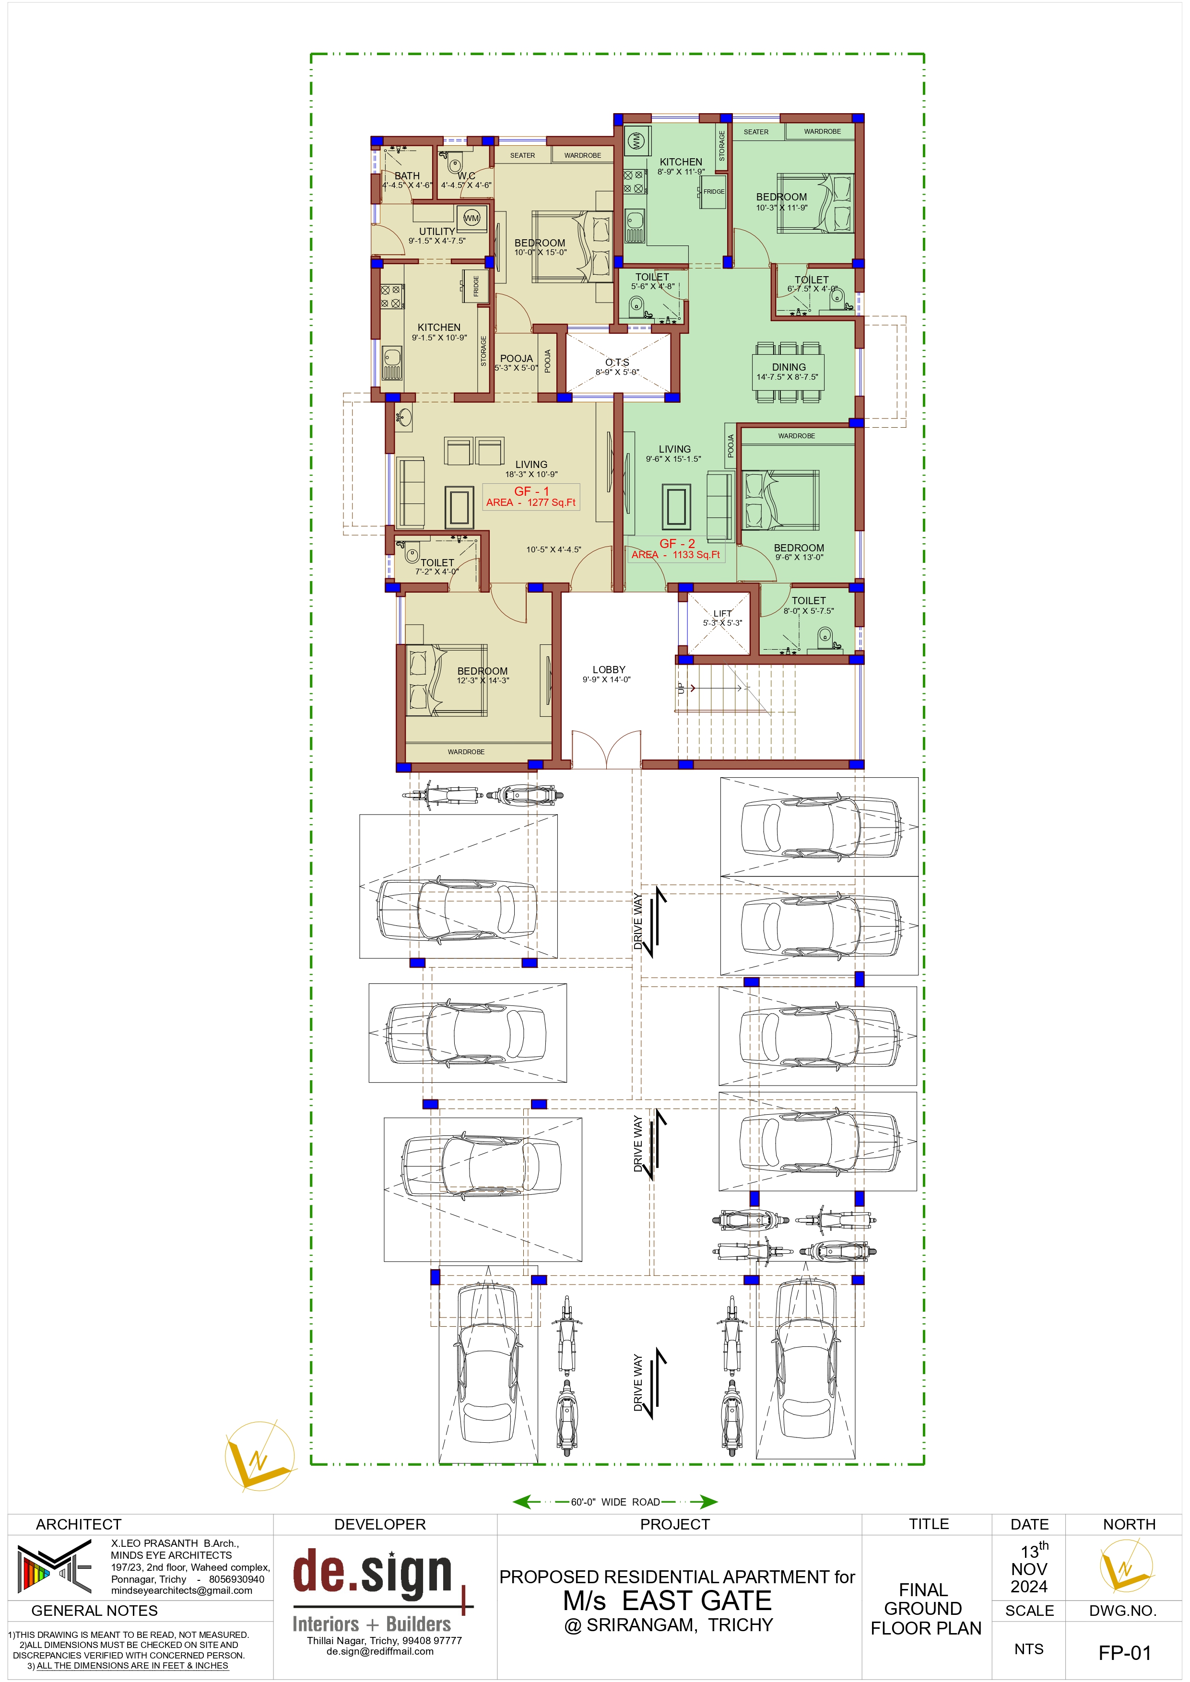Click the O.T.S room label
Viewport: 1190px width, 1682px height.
[x=617, y=362]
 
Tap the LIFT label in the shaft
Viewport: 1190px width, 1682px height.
[x=722, y=614]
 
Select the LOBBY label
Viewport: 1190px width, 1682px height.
[x=609, y=669]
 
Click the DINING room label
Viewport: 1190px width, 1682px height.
[x=789, y=367]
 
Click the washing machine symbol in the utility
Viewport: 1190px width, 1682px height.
[x=471, y=218]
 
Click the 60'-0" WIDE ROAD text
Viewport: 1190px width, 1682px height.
[x=615, y=1502]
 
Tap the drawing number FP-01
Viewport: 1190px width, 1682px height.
[x=1125, y=1653]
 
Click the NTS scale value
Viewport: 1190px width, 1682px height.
[x=1029, y=1648]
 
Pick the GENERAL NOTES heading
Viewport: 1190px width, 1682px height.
[x=94, y=1610]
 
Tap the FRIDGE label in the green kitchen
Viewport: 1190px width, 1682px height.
[x=714, y=191]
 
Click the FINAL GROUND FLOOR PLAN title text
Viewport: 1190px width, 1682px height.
[x=925, y=1609]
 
